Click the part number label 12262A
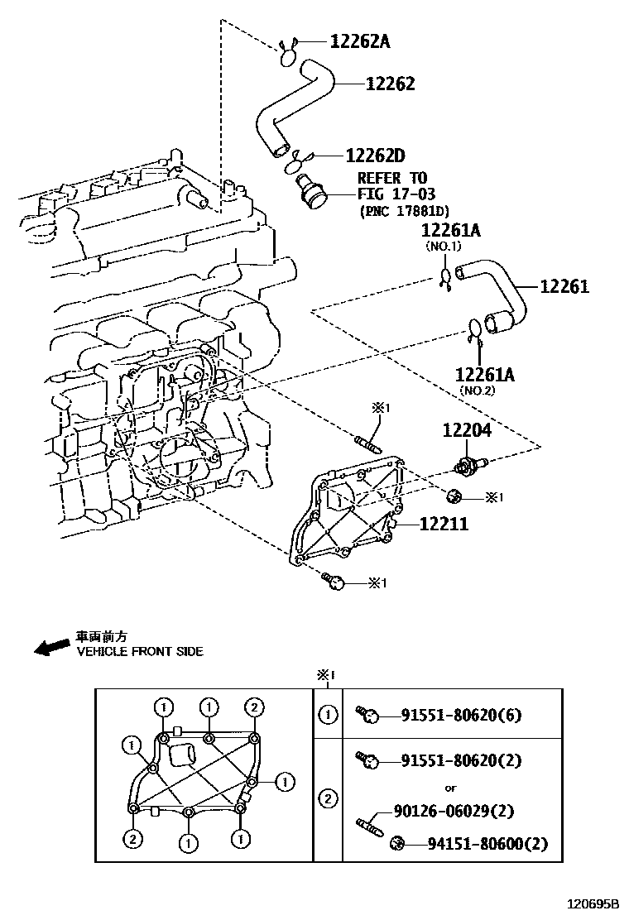pyautogui.click(x=359, y=41)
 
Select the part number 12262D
pyautogui.click(x=375, y=155)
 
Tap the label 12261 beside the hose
pyautogui.click(x=564, y=286)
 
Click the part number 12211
pyautogui.click(x=443, y=524)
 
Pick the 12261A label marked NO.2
pyautogui.click(x=484, y=375)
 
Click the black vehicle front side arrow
pyautogui.click(x=51, y=646)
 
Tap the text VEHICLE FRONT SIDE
pyautogui.click(x=140, y=652)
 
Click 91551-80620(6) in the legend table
pyautogui.click(x=462, y=716)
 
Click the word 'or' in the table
pyautogui.click(x=450, y=788)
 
